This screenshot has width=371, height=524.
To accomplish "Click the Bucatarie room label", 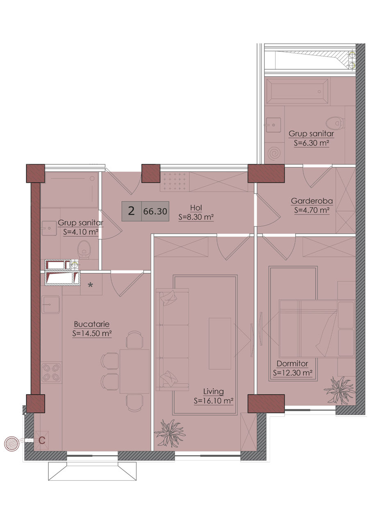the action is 91,324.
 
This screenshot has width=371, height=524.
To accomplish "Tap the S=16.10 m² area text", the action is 213,401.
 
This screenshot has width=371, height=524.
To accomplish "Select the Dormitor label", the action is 292,364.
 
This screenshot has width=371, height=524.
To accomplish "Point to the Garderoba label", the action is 312,201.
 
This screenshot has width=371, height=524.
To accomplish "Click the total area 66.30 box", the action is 155,211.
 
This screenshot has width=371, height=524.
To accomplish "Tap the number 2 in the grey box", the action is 132,211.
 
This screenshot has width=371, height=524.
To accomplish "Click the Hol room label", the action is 196,208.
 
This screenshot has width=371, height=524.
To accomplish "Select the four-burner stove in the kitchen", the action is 52,373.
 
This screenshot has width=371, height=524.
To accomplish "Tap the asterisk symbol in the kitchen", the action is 91,285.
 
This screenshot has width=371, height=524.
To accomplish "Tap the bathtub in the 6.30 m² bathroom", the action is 297,91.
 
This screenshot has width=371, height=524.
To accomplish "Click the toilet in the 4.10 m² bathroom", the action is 84,250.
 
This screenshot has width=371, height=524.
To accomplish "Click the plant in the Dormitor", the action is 339,391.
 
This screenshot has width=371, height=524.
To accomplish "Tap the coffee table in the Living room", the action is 220,343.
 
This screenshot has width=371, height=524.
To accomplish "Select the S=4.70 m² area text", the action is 312,210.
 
